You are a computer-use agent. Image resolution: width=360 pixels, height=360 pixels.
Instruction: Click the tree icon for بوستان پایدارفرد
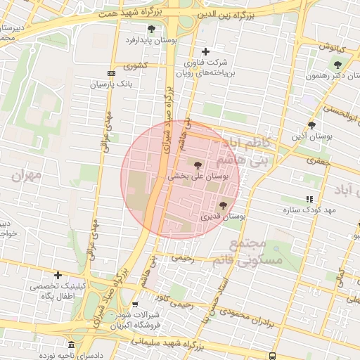152,29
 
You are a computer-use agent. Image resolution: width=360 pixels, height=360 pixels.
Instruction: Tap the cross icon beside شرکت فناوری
205,51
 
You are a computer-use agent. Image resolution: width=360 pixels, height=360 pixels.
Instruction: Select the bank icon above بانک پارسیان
110,73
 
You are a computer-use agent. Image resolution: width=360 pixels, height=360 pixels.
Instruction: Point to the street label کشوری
136,65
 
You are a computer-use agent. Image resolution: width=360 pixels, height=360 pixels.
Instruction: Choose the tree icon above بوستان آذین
311,124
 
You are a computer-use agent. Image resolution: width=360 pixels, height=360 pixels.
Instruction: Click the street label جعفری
317,161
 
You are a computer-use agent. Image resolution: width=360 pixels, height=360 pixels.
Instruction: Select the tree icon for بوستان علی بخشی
197,164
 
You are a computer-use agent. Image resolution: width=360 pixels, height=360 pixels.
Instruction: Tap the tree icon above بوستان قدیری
223,205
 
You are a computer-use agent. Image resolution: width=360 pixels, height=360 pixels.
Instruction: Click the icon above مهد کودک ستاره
310,199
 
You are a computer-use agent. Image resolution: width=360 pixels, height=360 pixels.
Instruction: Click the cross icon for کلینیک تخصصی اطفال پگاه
58,275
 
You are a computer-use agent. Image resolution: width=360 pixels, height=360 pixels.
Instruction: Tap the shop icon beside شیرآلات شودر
135,304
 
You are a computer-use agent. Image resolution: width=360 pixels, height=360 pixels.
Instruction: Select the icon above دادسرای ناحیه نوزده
71,345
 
